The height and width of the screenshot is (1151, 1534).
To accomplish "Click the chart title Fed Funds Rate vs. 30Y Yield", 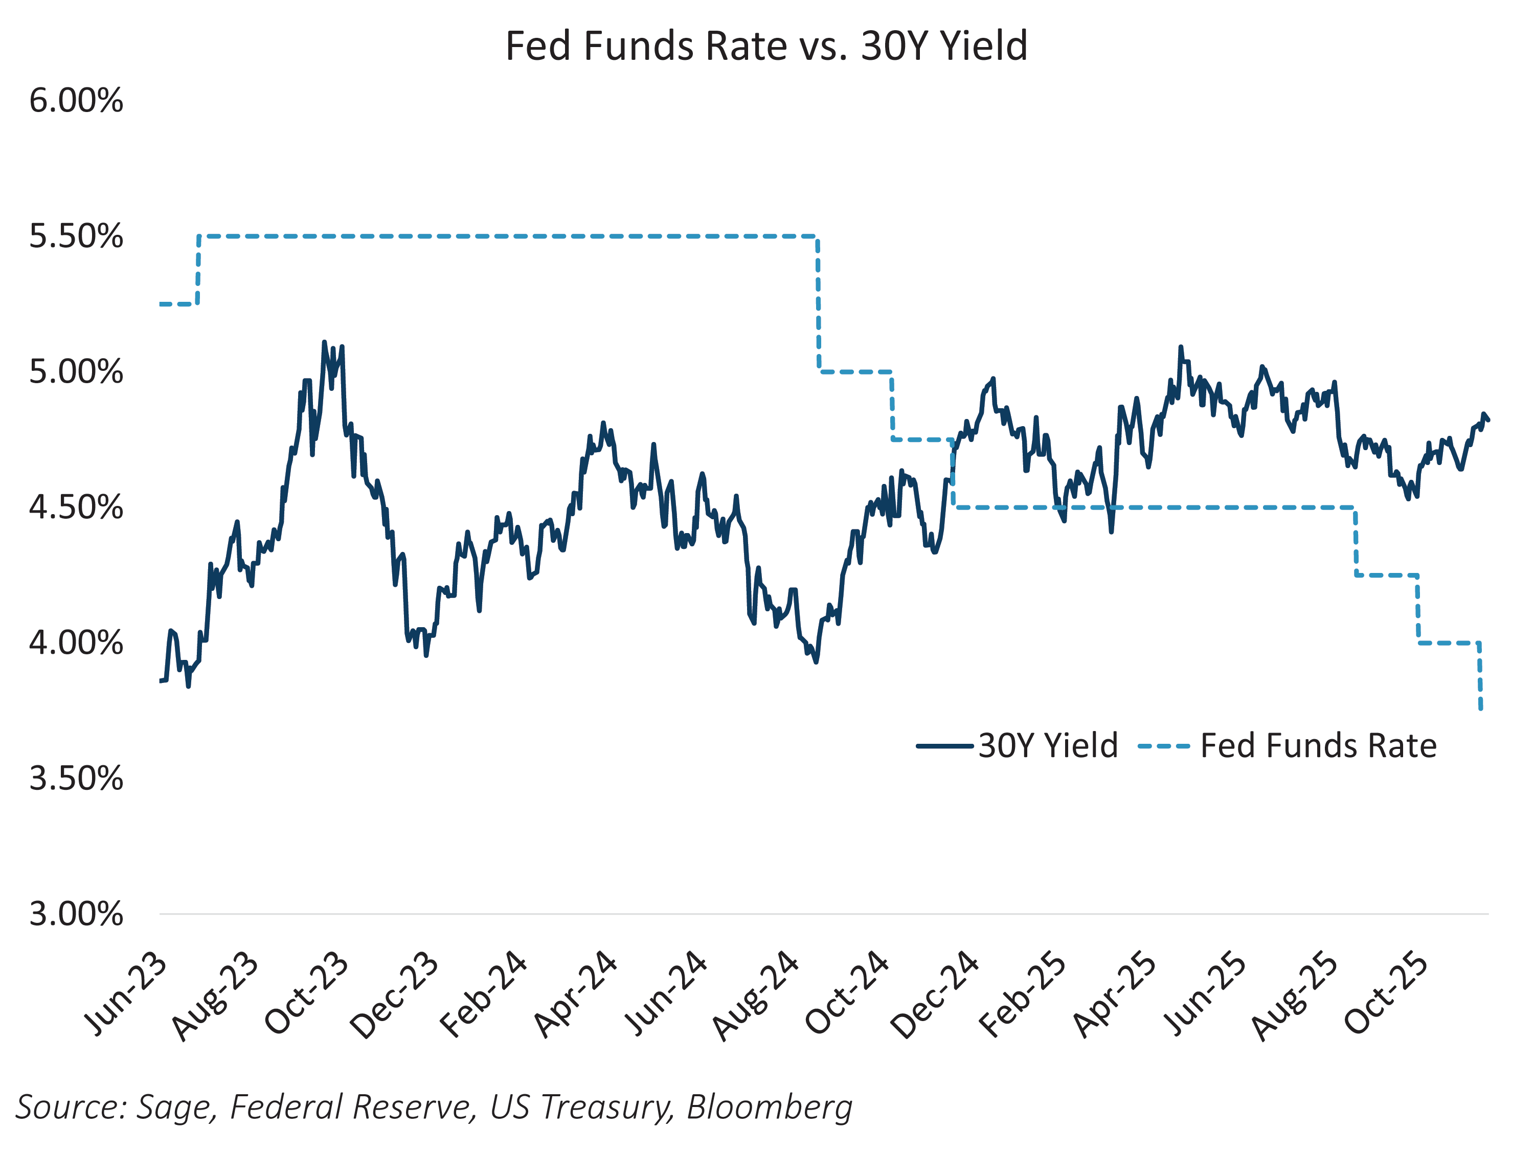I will (766, 46).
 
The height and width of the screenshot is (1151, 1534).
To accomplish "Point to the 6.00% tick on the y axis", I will (76, 101).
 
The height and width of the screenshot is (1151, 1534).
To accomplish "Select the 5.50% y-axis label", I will (76, 236).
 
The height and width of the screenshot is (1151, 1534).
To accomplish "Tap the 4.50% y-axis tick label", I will (76, 508).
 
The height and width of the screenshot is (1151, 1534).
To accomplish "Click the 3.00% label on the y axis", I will (76, 915).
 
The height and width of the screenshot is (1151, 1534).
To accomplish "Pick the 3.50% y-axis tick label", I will (76, 779).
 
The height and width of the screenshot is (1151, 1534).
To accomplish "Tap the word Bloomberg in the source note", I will (769, 1106).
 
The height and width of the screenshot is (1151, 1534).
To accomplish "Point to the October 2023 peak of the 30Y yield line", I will (324, 343).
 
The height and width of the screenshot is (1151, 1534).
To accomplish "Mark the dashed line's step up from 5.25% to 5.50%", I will (198, 271).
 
